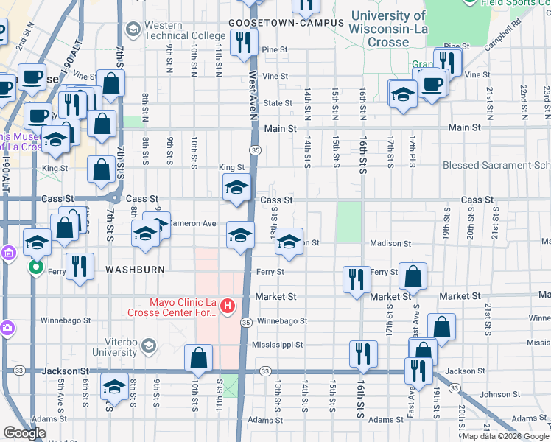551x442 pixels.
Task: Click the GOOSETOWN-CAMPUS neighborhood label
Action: pyautogui.click(x=287, y=23)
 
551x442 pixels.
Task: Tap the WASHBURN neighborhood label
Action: pyautogui.click(x=135, y=270)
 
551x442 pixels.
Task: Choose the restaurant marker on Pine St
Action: pyautogui.click(x=243, y=43)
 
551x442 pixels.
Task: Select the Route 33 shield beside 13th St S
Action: pyautogui.click(x=265, y=371)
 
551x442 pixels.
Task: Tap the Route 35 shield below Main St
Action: pyautogui.click(x=255, y=150)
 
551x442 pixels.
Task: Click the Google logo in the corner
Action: pyautogui.click(x=24, y=433)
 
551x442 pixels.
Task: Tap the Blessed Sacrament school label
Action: pyautogui.click(x=494, y=166)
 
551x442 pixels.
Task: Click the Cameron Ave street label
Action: pyautogui.click(x=192, y=223)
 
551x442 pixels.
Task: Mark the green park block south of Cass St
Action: pyautogui.click(x=348, y=221)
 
